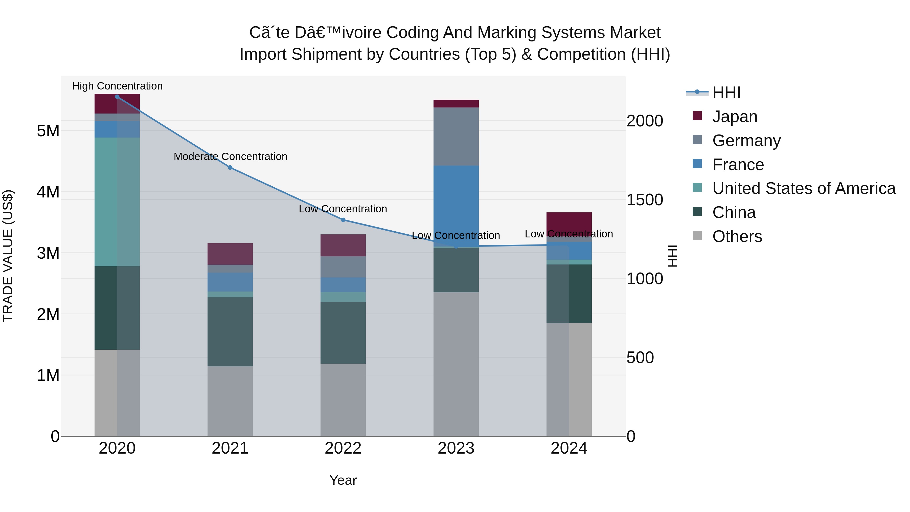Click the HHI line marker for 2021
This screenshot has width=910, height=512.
pos(230,167)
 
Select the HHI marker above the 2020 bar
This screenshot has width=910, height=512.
pos(117,97)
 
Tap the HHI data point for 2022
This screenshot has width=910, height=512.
pos(343,220)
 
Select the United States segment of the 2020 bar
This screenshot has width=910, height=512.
pos(117,202)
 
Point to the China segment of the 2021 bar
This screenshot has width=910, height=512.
pos(230,331)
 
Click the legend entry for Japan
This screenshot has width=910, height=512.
pos(735,117)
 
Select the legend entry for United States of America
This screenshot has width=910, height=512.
pos(804,188)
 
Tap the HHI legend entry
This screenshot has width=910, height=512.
pos(726,93)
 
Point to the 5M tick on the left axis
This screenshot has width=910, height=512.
pos(48,131)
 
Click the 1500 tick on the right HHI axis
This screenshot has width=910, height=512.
pos(645,200)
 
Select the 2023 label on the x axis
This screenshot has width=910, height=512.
pos(456,448)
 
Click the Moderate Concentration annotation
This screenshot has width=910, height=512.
pos(230,157)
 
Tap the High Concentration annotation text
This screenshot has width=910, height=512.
pos(117,86)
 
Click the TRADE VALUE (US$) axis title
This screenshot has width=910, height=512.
pos(8,256)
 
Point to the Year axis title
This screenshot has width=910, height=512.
pos(343,480)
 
